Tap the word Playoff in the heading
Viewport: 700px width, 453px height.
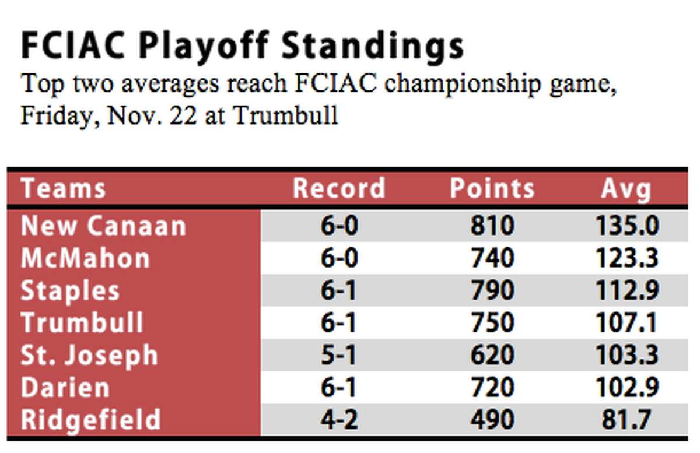pyautogui.click(x=204, y=47)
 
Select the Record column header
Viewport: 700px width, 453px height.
pyautogui.click(x=339, y=188)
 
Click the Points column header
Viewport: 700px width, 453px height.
pyautogui.click(x=492, y=188)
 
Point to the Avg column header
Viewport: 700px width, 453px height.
pyautogui.click(x=626, y=189)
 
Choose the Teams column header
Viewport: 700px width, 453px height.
pyautogui.click(x=63, y=188)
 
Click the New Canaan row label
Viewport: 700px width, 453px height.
pyautogui.click(x=103, y=226)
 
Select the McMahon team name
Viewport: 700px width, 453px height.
pyautogui.click(x=85, y=258)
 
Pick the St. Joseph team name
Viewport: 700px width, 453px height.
pyautogui.click(x=89, y=356)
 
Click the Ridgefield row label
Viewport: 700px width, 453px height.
pyautogui.click(x=90, y=420)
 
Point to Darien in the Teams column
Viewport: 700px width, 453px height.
pyautogui.click(x=65, y=388)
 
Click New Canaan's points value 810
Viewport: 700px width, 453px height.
pyautogui.click(x=492, y=226)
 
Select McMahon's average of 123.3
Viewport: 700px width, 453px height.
pyautogui.click(x=627, y=258)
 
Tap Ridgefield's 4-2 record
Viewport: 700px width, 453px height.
pyautogui.click(x=339, y=420)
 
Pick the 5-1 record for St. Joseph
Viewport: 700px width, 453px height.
pyautogui.click(x=338, y=355)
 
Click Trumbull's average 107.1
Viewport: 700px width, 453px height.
pyautogui.click(x=626, y=323)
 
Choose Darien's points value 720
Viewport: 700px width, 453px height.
pyautogui.click(x=492, y=387)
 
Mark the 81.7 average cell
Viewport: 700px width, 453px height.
pyautogui.click(x=626, y=420)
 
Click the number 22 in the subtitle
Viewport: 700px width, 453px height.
pyautogui.click(x=183, y=115)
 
